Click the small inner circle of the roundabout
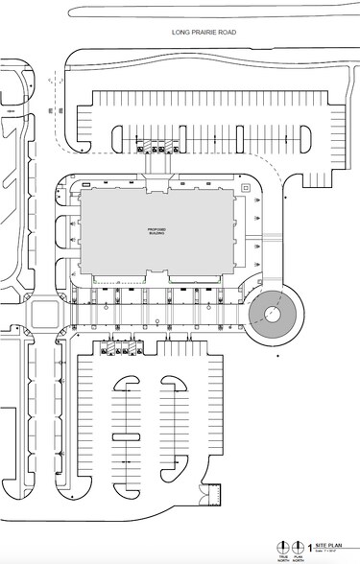(273, 313)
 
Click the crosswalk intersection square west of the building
(43, 314)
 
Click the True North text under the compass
(283, 556)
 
